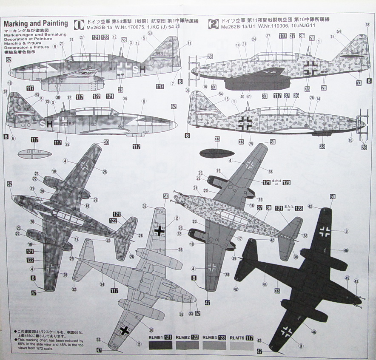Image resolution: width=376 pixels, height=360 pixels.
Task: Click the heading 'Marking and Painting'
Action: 36,23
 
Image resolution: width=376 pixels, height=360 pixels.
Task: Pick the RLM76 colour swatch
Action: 241,345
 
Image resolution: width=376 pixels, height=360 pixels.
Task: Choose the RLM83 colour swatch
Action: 214,345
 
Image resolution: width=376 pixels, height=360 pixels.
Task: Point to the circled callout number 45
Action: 348,278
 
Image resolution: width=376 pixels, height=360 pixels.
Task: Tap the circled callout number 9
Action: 55,53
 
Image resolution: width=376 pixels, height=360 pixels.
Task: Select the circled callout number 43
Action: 356,281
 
